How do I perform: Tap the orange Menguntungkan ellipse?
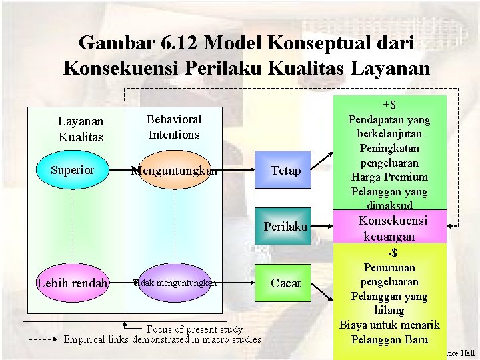174,171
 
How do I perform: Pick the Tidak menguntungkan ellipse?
175,283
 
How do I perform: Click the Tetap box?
285,171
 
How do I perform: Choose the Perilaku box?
285,227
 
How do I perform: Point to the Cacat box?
285,283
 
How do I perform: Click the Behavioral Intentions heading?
174,127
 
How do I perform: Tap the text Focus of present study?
194,329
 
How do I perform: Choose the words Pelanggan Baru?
389,339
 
